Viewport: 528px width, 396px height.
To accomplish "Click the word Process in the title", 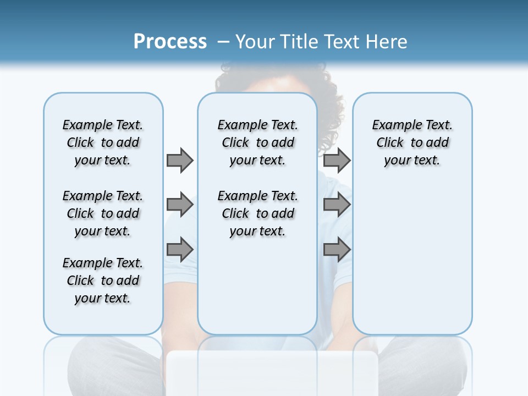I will click(x=170, y=42).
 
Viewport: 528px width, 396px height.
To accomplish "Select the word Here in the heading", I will click(x=387, y=42).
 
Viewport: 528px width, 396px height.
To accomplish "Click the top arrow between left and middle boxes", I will click(x=180, y=160).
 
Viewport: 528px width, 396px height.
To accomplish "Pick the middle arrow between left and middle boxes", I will click(x=180, y=205).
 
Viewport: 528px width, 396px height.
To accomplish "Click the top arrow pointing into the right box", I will click(x=337, y=160).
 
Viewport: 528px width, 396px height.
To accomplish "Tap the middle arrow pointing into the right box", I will click(x=337, y=205).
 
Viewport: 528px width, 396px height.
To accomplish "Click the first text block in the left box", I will click(x=103, y=142).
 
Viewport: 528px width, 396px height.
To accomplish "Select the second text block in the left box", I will click(x=103, y=213).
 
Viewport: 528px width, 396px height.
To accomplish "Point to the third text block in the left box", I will click(x=103, y=280).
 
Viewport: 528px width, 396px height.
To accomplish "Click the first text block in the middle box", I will click(x=258, y=142).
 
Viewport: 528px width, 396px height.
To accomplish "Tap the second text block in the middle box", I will click(x=258, y=213).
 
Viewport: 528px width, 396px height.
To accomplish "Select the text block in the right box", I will click(x=413, y=142).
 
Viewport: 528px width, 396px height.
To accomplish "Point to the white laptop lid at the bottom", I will click(x=272, y=374).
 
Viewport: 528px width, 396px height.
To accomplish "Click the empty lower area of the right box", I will click(x=413, y=258).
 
